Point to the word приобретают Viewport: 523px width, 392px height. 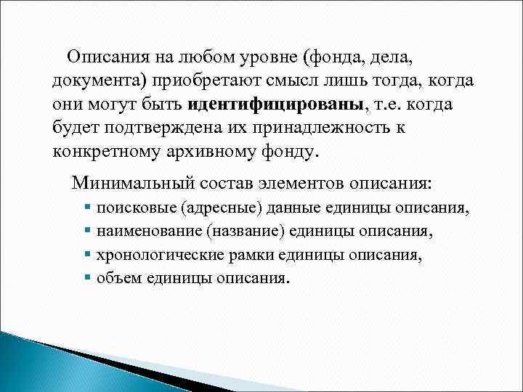[197, 80]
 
